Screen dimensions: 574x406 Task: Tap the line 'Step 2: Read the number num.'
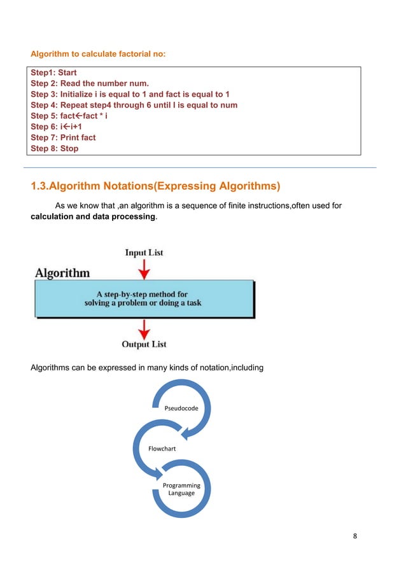[x=90, y=84]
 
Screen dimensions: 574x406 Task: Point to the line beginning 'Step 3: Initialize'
[x=130, y=94]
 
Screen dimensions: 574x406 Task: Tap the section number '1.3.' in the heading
[x=39, y=186]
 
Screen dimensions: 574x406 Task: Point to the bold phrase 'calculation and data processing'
[x=92, y=217]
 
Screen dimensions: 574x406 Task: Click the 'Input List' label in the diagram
[x=143, y=253]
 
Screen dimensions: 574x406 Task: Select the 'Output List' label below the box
[x=144, y=344]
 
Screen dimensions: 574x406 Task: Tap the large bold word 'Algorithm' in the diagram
[x=62, y=273]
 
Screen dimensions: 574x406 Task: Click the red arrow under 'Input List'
[x=144, y=270]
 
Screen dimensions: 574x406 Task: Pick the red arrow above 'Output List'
[x=144, y=328]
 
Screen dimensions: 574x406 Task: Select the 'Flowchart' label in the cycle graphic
[x=162, y=449]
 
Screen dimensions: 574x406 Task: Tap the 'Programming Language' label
[x=181, y=489]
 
